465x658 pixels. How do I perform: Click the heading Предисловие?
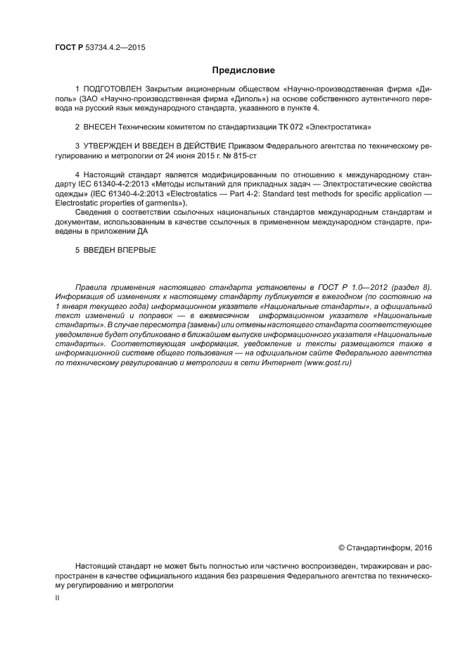233,70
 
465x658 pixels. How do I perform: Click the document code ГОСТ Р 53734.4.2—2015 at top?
100,48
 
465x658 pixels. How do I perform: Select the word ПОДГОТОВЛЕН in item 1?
113,90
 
